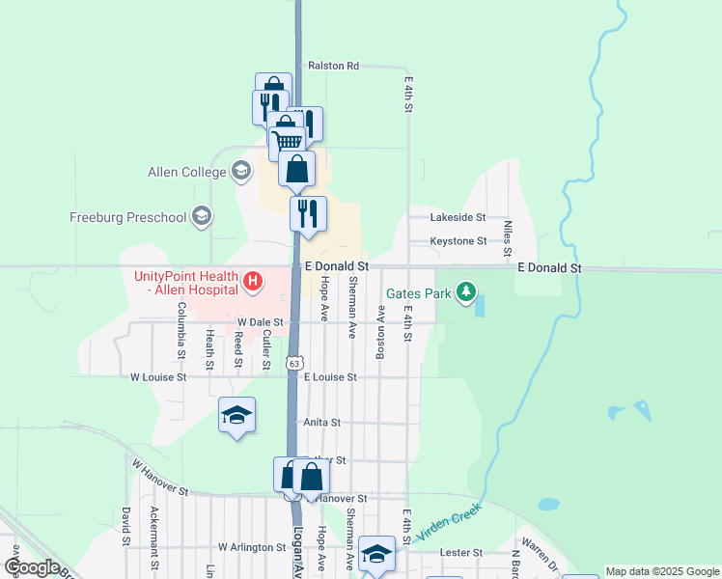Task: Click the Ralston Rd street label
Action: tap(333, 67)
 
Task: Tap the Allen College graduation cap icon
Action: tap(240, 172)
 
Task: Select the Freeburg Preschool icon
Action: tap(201, 216)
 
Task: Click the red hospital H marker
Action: tap(253, 282)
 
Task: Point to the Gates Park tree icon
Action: tap(467, 291)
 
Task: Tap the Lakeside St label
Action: tap(458, 219)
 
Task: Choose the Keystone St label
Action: tap(458, 240)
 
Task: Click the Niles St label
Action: tap(507, 235)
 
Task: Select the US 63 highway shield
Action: tap(294, 360)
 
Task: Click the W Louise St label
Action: tap(158, 377)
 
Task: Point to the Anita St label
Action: tap(322, 423)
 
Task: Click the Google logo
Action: tap(31, 567)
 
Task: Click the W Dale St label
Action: tap(260, 322)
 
